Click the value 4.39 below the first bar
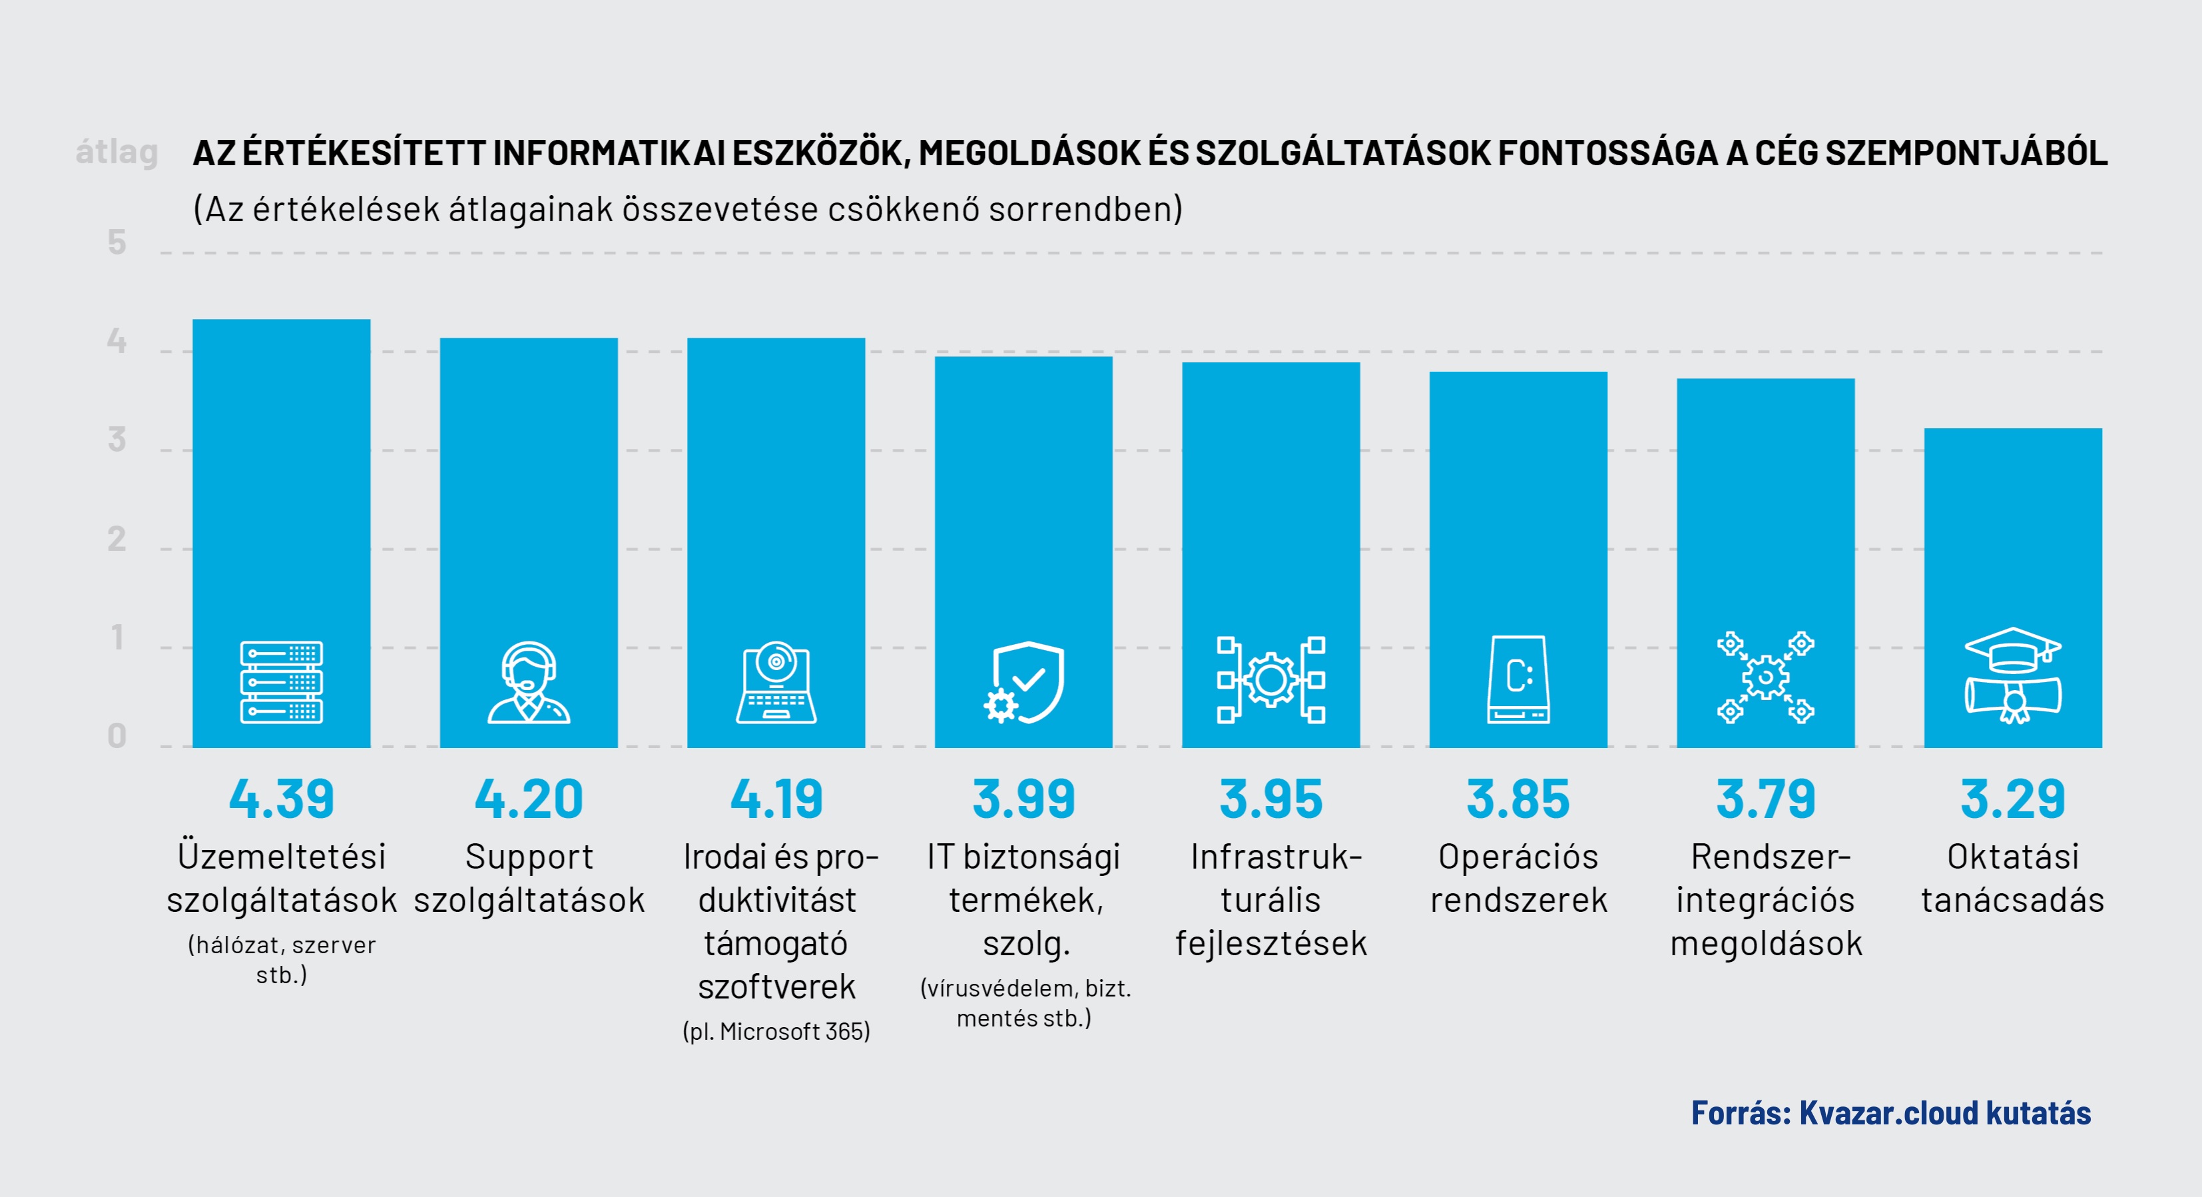tap(281, 799)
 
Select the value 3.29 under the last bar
tap(2012, 799)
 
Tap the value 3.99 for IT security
tap(1023, 799)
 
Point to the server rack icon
tap(281, 682)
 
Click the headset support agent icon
tap(528, 682)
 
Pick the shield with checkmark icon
tap(1024, 682)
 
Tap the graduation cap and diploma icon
tap(2012, 676)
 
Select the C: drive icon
tap(1518, 679)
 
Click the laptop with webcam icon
tap(776, 682)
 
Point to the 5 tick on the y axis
tap(117, 243)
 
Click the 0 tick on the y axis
tap(117, 736)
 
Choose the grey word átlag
tap(117, 152)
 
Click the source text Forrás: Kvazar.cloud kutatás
tap(1891, 1113)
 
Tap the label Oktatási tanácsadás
tap(2012, 878)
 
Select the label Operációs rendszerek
tap(1518, 878)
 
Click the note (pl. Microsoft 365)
tap(776, 1031)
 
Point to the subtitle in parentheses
tap(688, 209)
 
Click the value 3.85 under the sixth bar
tap(1518, 799)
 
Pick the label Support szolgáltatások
tap(528, 878)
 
